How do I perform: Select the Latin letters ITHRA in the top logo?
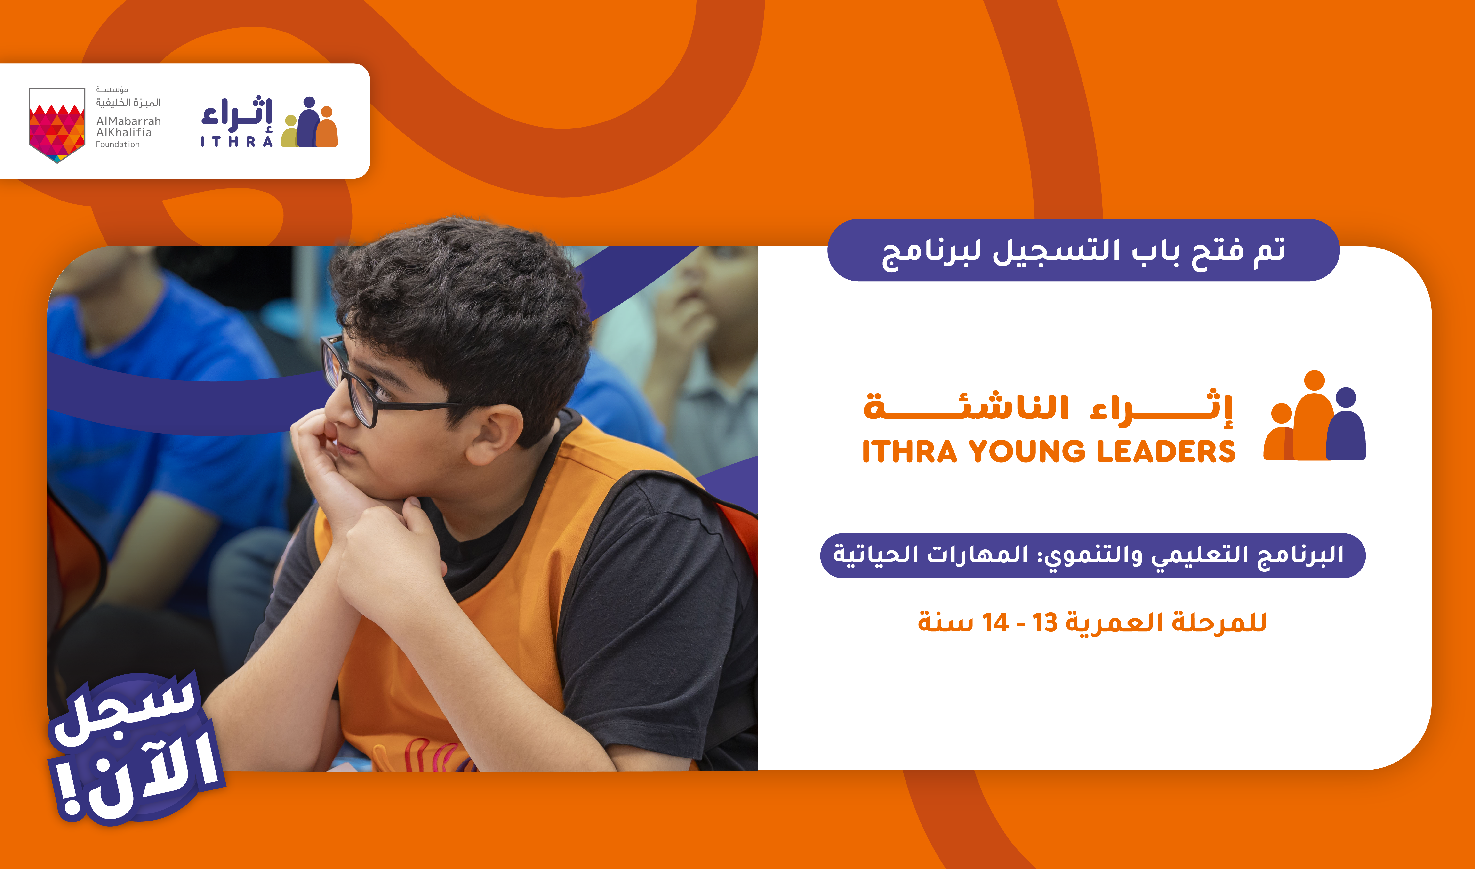(236, 142)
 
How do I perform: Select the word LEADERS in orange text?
(1166, 451)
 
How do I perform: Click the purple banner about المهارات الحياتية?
(1092, 555)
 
